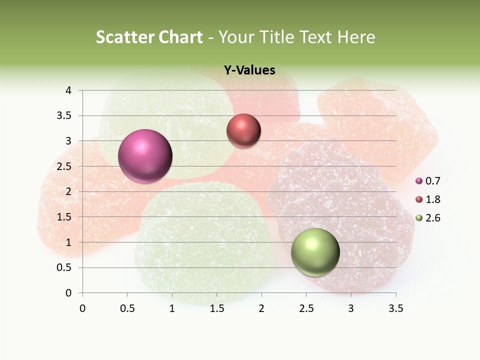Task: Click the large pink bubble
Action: tap(145, 156)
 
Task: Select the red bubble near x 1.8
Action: tap(243, 130)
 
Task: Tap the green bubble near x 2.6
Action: tap(315, 252)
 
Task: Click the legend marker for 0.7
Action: tap(419, 181)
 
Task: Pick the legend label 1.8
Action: tap(433, 199)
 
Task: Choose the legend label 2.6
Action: tap(433, 218)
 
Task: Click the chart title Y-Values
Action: tap(249, 70)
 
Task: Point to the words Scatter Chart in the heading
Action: tap(149, 37)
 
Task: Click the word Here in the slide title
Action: tap(356, 37)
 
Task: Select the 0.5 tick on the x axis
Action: tap(127, 308)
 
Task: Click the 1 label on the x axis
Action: tap(172, 308)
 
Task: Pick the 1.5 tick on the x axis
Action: tap(216, 308)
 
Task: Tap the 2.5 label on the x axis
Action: tap(306, 308)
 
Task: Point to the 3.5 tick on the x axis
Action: tap(395, 308)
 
